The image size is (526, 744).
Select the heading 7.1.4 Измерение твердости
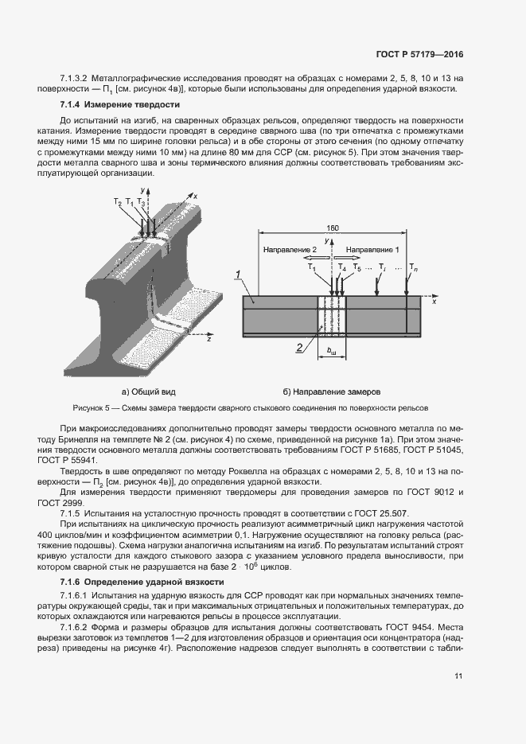120,105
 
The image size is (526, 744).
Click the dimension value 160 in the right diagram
333,228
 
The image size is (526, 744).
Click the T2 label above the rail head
118,203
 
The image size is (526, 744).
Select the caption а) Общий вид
148,391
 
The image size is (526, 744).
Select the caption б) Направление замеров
332,391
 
